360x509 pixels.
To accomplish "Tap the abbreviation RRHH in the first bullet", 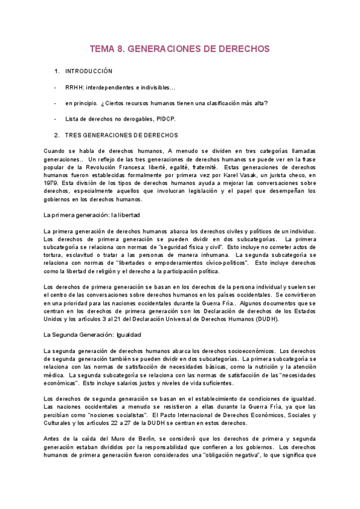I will (x=73, y=88).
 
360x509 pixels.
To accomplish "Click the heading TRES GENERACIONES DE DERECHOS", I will (x=121, y=135).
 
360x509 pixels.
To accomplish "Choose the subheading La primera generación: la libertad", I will (x=92, y=214).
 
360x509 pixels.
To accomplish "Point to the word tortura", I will (x=55, y=254).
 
